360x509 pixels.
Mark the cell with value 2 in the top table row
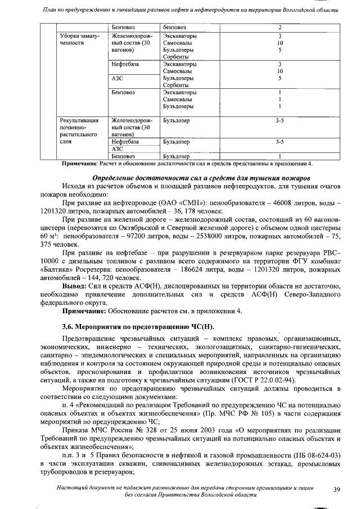(280, 28)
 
